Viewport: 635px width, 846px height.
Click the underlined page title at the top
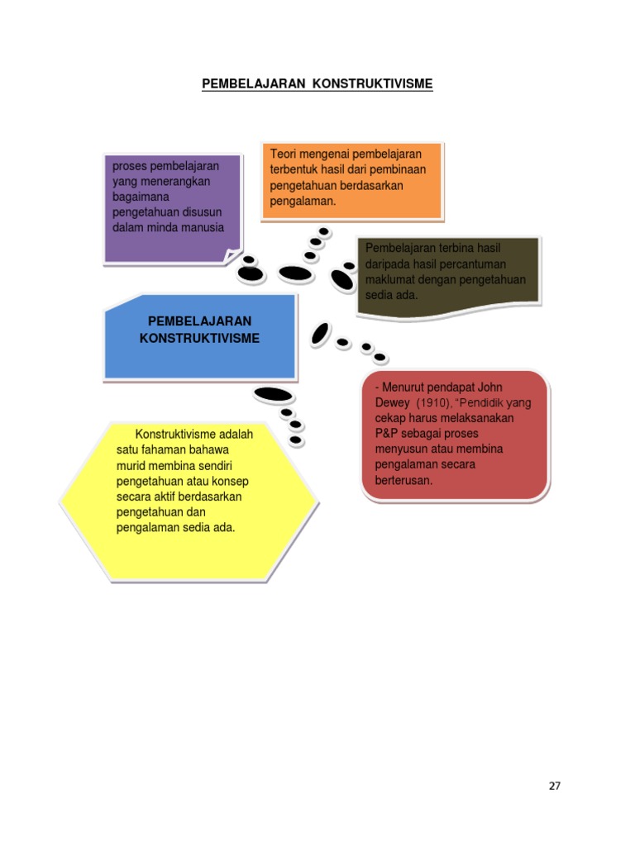pos(317,84)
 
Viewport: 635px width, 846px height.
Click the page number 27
pos(555,787)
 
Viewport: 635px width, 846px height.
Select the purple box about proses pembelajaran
pos(173,209)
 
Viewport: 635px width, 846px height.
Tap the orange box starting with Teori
pos(351,181)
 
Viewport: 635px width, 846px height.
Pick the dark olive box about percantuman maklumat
pos(448,277)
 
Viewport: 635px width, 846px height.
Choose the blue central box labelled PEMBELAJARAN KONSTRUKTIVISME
pos(200,337)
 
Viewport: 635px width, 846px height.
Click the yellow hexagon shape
pos(189,501)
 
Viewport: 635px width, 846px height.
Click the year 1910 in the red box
pos(433,403)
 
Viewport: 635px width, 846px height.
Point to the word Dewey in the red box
pos(392,403)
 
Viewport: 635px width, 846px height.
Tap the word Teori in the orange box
pos(283,154)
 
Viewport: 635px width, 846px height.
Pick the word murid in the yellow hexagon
pos(131,466)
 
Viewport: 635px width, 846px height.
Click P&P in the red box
pos(386,434)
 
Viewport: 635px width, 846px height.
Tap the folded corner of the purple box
pos(232,255)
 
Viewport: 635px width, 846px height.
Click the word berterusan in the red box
pos(403,480)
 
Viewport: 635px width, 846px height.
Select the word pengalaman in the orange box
pos(303,202)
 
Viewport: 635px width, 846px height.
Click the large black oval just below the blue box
pos(273,394)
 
